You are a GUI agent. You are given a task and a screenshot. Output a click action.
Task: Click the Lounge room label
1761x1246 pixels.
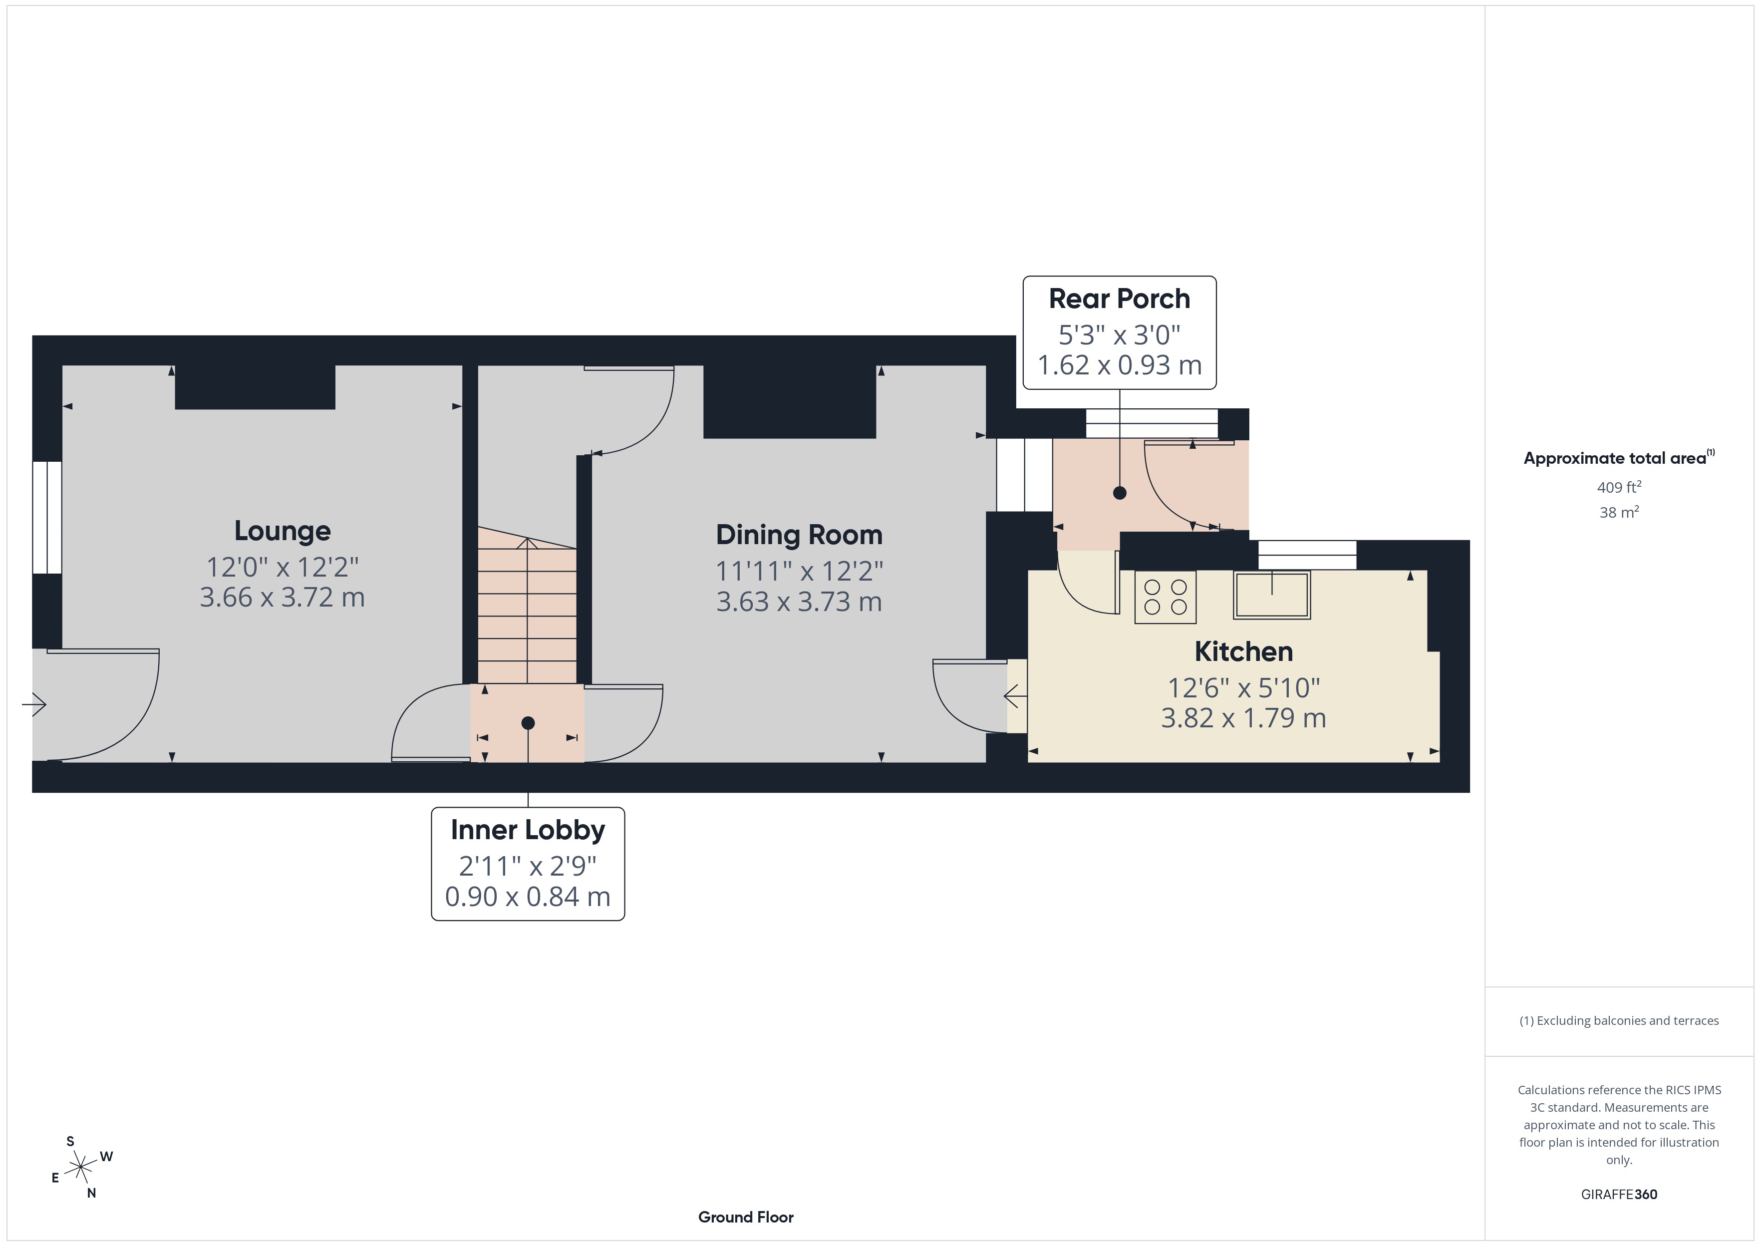pos(282,531)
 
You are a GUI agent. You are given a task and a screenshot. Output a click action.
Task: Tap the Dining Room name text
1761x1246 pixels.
pos(799,535)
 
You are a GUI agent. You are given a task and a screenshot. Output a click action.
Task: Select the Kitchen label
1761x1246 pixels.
pos(1243,651)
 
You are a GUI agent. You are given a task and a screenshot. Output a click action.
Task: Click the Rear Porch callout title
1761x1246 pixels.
pos(1119,299)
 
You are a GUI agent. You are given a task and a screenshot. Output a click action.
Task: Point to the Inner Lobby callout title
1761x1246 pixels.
pos(528,830)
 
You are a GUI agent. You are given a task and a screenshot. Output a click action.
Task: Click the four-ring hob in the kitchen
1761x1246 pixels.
pos(1165,597)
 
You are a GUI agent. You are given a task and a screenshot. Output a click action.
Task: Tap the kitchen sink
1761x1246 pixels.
pos(1272,595)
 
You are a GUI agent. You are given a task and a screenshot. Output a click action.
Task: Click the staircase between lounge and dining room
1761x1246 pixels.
pos(527,606)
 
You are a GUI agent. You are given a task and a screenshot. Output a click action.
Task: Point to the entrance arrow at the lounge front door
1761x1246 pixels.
pos(34,704)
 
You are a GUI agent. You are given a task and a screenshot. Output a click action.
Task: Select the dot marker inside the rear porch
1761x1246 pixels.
pos(1119,493)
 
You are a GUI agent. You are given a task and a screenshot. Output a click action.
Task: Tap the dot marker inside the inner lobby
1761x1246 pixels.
pos(528,723)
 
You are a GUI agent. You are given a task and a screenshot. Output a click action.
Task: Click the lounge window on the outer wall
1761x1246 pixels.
pos(47,517)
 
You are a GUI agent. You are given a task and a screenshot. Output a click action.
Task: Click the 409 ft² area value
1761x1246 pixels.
pos(1618,487)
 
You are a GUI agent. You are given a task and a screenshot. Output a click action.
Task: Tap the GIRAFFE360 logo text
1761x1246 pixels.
pos(1618,1195)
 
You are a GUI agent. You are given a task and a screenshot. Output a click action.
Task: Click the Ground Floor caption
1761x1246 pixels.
pos(746,1217)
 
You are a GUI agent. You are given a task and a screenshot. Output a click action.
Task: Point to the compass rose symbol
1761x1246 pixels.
pos(80,1168)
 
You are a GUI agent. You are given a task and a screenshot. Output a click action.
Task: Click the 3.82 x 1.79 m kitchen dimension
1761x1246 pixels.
pos(1243,718)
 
